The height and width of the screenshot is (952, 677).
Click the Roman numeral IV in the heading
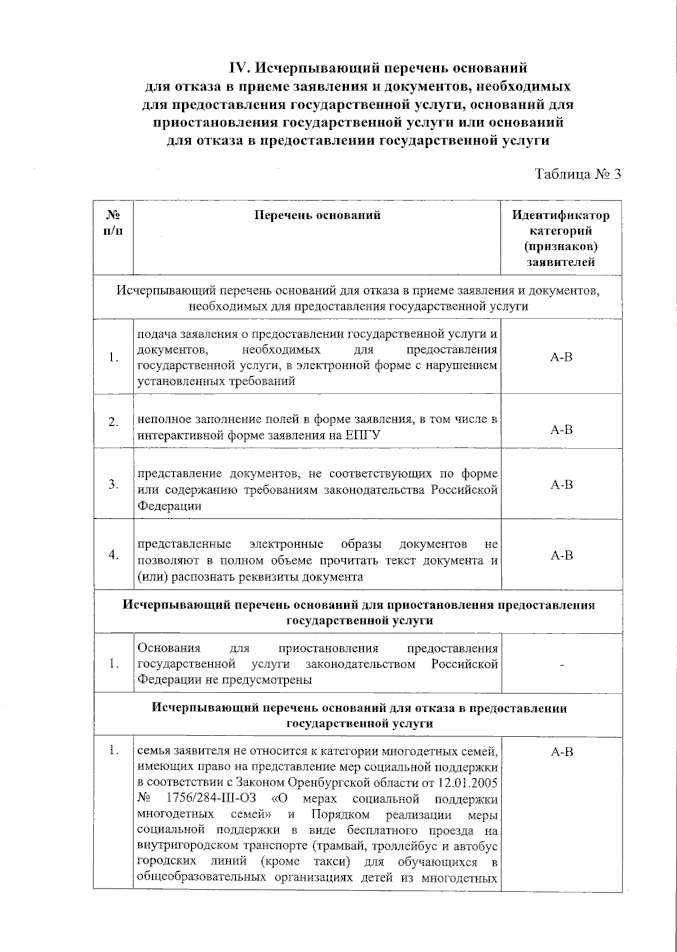click(240, 68)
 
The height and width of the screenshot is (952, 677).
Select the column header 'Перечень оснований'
click(317, 215)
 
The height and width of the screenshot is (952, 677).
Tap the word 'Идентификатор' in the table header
click(561, 215)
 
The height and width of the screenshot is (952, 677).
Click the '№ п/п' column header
click(113, 223)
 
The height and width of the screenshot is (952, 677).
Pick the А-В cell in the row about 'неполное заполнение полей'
click(561, 430)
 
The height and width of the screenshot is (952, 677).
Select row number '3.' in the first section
click(113, 484)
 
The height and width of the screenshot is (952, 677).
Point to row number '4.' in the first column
click(113, 555)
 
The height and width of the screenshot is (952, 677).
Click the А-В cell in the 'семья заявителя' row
click(561, 752)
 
